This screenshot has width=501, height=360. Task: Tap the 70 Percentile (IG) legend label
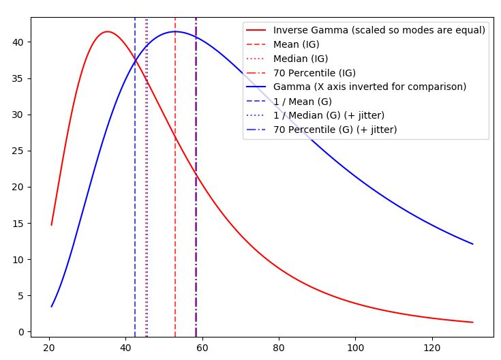point(314,73)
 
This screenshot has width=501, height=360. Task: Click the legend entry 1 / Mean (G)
point(302,101)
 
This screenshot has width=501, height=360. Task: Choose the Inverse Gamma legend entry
point(379,30)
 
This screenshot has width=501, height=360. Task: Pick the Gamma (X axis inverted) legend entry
point(369,87)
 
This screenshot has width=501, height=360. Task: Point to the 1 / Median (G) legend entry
point(329,115)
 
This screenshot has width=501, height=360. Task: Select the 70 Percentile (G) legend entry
point(335,130)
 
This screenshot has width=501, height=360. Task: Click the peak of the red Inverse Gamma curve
point(107,31)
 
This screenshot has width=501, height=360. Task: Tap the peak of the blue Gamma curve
point(175,31)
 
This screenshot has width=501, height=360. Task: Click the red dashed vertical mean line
point(175,205)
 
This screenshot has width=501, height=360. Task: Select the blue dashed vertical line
point(135,205)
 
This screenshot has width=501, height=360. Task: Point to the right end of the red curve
point(472,322)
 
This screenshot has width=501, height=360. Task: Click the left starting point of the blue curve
point(51,307)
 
